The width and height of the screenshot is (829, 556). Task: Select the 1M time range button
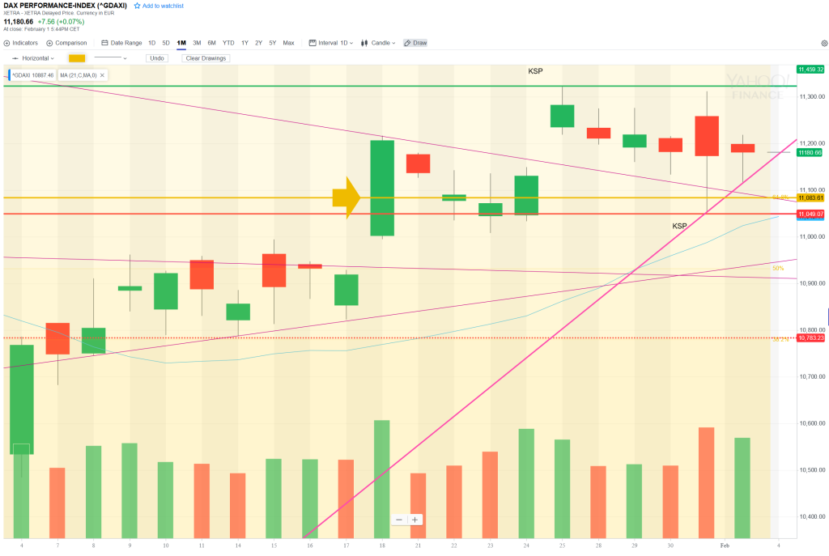(x=181, y=43)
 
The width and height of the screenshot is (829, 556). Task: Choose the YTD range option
(x=228, y=43)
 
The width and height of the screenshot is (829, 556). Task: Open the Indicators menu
(x=21, y=43)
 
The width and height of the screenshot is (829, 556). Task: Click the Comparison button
(x=66, y=43)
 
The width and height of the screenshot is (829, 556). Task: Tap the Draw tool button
(x=415, y=43)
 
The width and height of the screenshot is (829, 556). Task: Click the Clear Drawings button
(x=206, y=58)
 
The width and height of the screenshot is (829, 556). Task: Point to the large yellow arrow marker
(x=346, y=197)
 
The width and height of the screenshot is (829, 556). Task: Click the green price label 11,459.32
(x=810, y=70)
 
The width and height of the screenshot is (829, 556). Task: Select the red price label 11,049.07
(x=810, y=214)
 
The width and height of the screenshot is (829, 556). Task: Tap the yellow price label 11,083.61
(x=810, y=197)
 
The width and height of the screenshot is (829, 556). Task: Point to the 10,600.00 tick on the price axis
(x=810, y=423)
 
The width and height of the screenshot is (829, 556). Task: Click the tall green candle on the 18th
(x=382, y=188)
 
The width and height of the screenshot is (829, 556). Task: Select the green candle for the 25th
(x=562, y=116)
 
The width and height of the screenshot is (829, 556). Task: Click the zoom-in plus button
(x=414, y=520)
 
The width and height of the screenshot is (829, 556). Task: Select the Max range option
(x=288, y=43)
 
